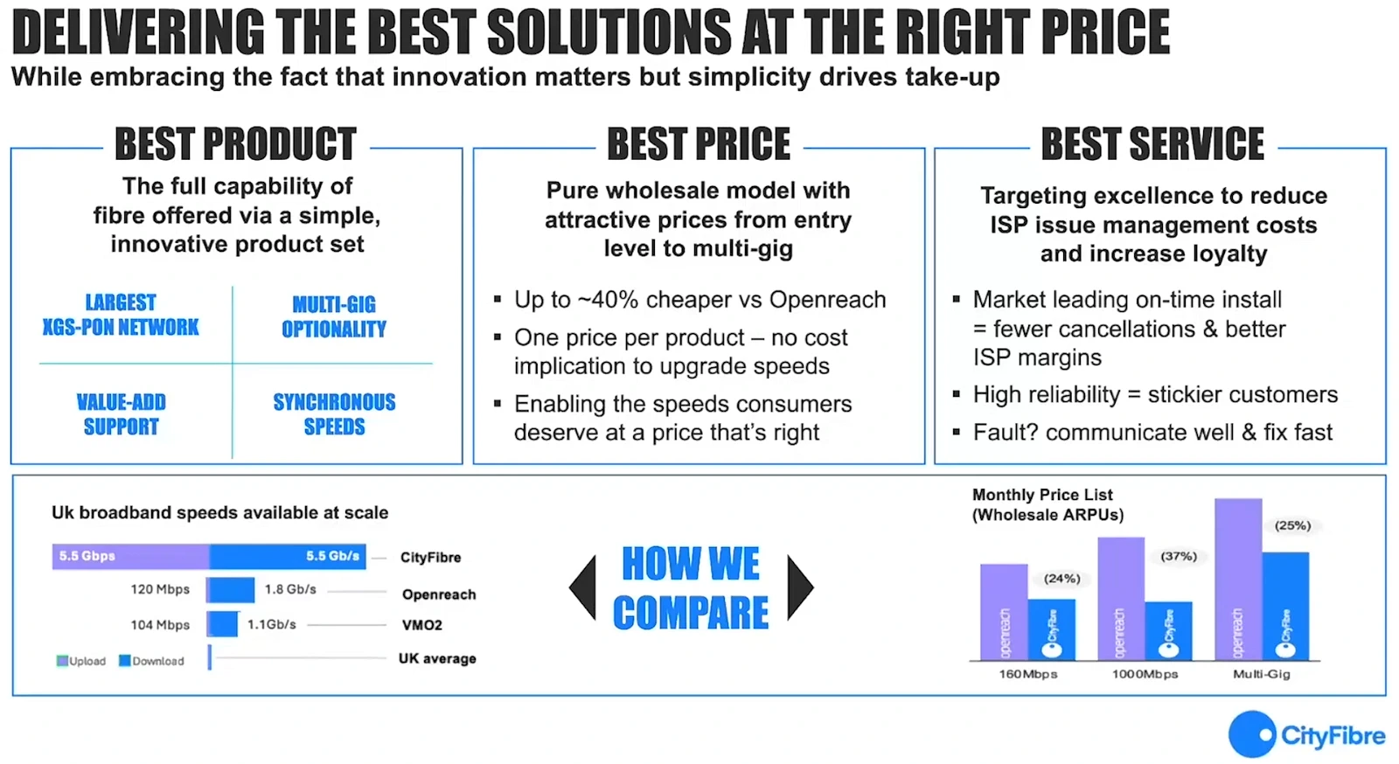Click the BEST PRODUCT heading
(235, 144)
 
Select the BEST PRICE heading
(699, 144)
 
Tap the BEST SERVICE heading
(1152, 144)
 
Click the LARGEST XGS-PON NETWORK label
(121, 315)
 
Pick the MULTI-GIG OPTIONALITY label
(334, 316)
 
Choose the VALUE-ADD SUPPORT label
(121, 414)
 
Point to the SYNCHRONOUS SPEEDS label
(334, 414)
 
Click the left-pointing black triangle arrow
(583, 587)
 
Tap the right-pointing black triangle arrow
(799, 587)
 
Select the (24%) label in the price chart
(1061, 579)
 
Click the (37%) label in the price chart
(1178, 557)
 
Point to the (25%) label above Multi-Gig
(1292, 525)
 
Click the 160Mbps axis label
(1028, 674)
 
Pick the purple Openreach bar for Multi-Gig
(1238, 577)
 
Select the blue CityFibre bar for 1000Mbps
(1168, 629)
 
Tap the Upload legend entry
(81, 661)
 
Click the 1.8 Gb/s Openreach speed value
(290, 589)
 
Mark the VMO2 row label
(422, 625)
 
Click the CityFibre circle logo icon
(1252, 734)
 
